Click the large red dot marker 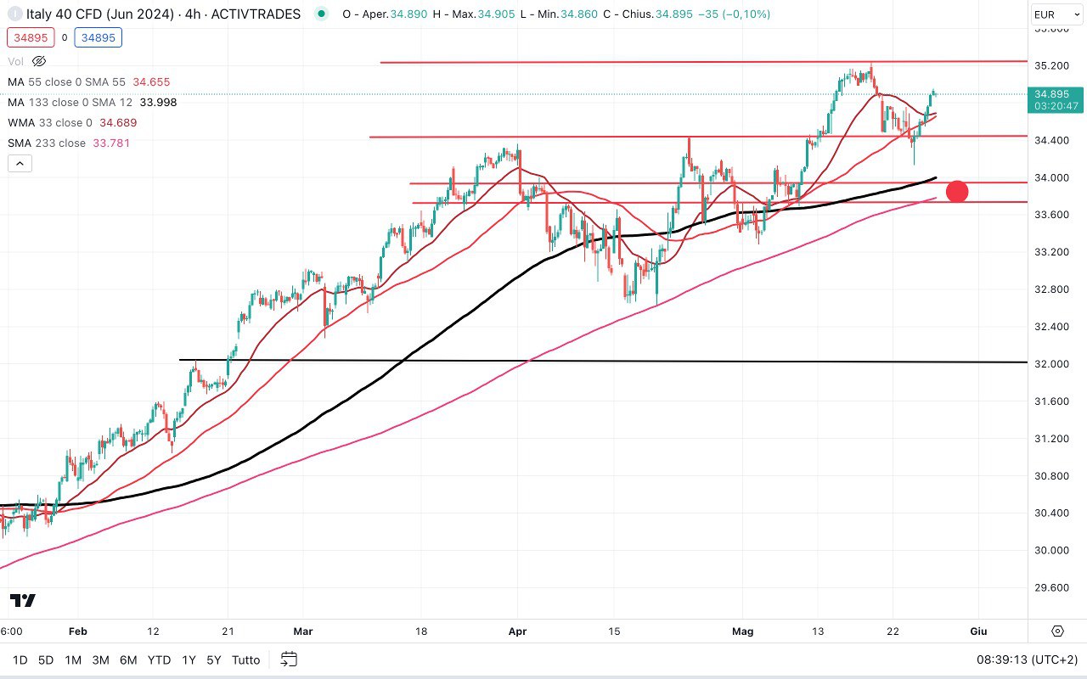click(957, 192)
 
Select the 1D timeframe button click(20, 659)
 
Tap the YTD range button click(159, 659)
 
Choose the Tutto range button click(245, 659)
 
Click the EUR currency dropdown click(1056, 14)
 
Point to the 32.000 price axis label click(1049, 364)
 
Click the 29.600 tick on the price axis click(1049, 587)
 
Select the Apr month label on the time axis click(518, 631)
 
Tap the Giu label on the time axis click(978, 631)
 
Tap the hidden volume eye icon click(38, 61)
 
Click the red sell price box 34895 click(30, 37)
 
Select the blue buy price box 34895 click(98, 37)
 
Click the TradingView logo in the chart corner click(24, 601)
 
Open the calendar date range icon click(289, 659)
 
